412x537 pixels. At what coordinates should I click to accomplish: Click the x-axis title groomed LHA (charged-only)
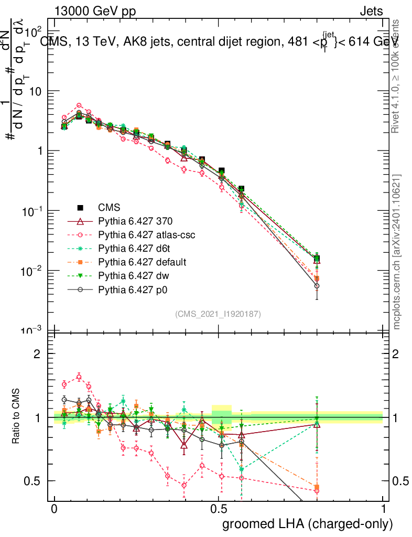[308, 524]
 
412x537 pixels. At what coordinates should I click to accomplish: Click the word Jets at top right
[371, 11]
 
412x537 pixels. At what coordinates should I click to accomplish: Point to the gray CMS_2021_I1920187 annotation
[218, 314]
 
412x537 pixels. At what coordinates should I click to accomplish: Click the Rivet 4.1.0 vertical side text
[396, 77]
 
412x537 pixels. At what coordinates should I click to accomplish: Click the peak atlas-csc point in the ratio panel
[79, 377]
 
